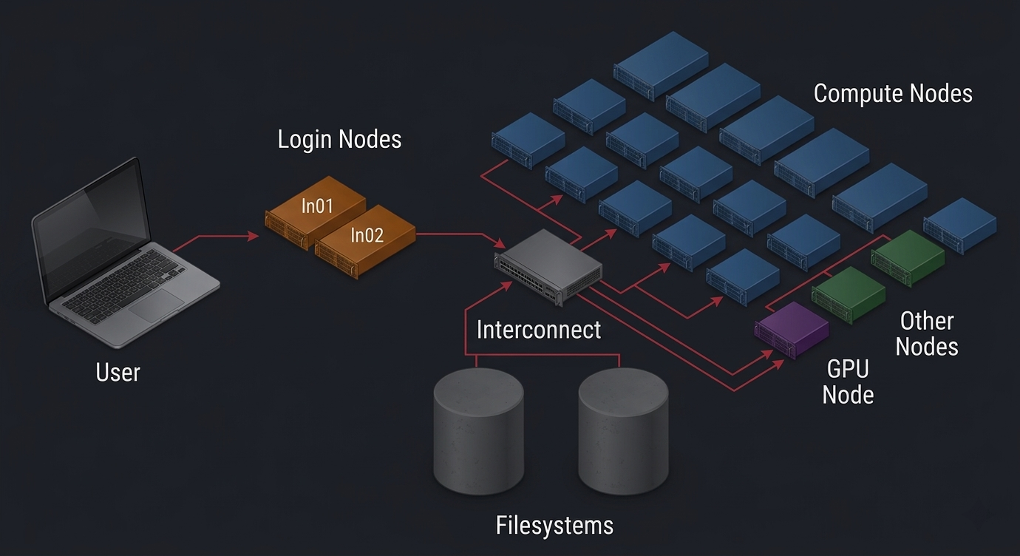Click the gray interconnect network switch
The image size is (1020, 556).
tap(548, 266)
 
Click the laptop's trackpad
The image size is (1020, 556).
tap(157, 303)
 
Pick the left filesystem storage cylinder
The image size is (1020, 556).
tap(478, 432)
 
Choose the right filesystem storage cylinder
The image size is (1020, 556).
tap(623, 432)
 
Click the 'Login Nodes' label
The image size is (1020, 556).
tap(339, 139)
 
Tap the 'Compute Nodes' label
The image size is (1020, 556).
tap(892, 94)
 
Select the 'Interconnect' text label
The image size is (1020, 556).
tap(539, 329)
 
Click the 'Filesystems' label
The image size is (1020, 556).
tap(554, 526)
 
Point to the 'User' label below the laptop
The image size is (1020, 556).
tap(118, 372)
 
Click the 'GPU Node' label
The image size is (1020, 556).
tap(848, 382)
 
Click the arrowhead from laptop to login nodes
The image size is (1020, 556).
tap(254, 237)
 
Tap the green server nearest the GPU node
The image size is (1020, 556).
tap(848, 294)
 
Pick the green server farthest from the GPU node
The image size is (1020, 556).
tap(908, 257)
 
